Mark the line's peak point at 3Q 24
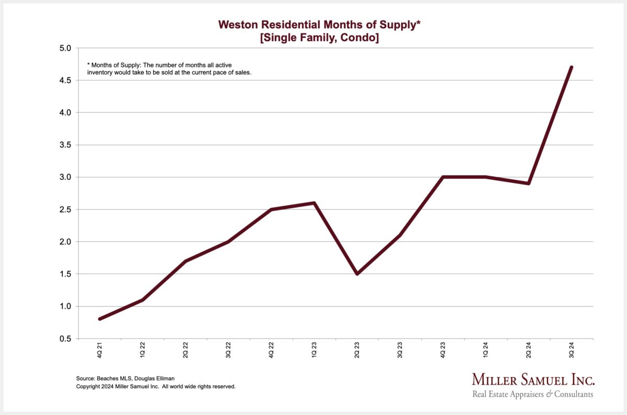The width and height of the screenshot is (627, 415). tap(572, 67)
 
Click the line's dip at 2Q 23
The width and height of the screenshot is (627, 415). tap(357, 274)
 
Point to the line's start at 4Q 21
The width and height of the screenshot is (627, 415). tap(99, 319)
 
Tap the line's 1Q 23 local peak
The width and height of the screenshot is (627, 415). tap(314, 203)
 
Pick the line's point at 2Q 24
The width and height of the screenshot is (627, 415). tap(529, 183)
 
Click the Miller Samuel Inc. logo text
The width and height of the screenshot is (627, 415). tap(533, 379)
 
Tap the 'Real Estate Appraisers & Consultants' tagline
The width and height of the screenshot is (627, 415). tap(533, 394)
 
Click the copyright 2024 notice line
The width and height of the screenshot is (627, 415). tap(156, 386)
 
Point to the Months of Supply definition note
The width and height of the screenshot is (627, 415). tap(169, 68)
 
